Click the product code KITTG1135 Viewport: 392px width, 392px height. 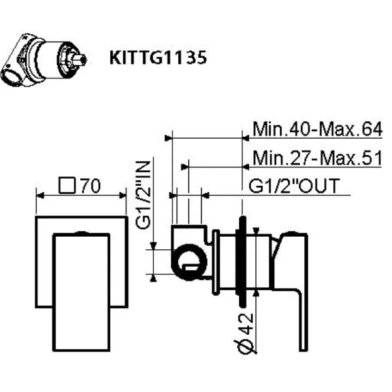tap(159, 58)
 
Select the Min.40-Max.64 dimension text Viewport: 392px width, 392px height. tap(318, 129)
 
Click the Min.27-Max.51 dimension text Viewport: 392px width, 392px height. tap(318, 158)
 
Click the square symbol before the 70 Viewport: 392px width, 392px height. tap(67, 186)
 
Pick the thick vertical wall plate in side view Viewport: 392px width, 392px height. tap(244, 261)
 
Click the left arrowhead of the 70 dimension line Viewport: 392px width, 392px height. tap(38, 195)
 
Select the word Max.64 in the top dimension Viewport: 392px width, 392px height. tap(355, 129)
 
